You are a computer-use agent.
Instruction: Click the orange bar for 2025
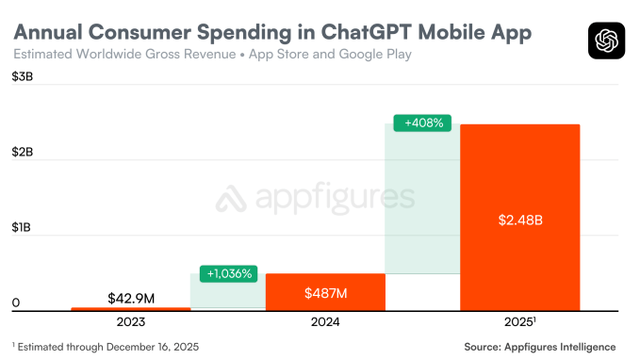(x=519, y=217)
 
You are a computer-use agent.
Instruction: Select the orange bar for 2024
(x=325, y=291)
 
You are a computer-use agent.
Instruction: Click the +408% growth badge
(x=423, y=123)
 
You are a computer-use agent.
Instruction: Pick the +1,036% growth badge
(x=228, y=273)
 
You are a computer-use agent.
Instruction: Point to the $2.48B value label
(x=519, y=220)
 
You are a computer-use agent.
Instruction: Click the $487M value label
(x=325, y=293)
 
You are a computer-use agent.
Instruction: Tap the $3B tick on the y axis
(x=23, y=76)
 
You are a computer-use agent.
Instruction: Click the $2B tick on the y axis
(x=23, y=152)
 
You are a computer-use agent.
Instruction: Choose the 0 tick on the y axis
(x=15, y=303)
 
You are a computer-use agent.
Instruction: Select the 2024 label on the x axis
(x=325, y=322)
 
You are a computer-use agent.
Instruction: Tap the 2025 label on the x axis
(x=519, y=322)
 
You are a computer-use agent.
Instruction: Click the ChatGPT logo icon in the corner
(x=606, y=41)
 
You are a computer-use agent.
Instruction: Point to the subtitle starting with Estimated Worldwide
(x=213, y=55)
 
